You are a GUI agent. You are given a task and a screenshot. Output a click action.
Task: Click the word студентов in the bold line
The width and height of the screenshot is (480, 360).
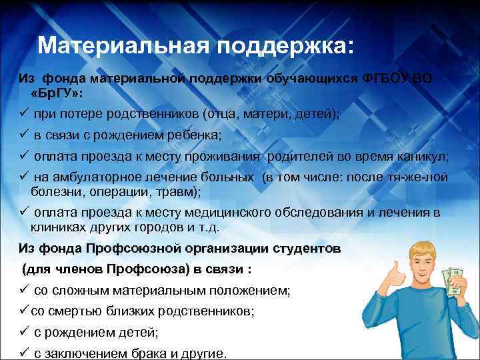point(306,248)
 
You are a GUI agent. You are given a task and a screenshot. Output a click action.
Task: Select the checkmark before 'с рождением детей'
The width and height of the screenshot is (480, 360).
point(22,333)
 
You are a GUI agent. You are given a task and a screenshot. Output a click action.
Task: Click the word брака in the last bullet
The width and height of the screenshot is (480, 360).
point(151,354)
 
